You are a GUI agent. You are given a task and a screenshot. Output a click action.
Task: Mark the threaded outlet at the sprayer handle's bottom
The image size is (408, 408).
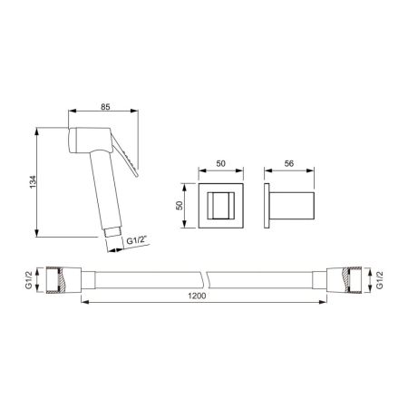point(112,235)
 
